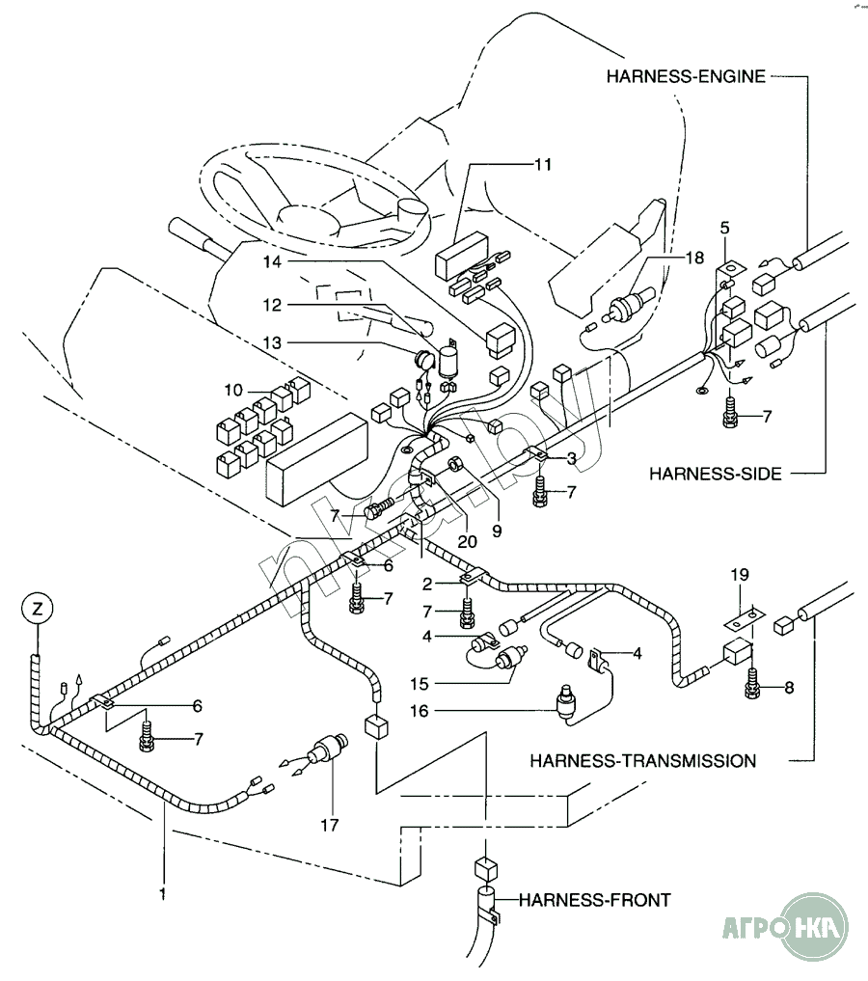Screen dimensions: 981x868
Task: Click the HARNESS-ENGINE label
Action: tap(686, 77)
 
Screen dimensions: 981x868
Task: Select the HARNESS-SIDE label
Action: tap(714, 473)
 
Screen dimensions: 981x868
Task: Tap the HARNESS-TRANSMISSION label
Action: tap(642, 760)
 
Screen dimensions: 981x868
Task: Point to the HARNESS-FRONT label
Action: tap(594, 900)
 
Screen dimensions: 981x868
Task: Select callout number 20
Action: tap(468, 541)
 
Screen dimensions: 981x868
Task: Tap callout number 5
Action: tap(724, 229)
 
